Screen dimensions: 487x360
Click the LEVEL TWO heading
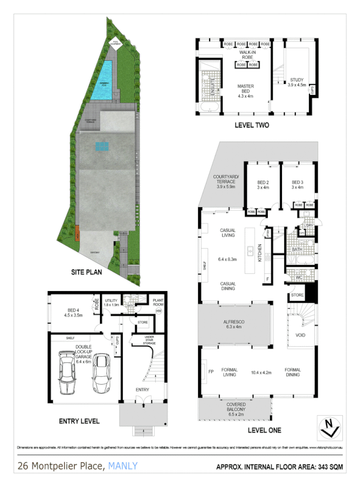[252, 125]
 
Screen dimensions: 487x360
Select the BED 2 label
[263, 184]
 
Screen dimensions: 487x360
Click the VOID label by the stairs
[300, 335]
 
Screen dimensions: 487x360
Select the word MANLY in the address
[123, 466]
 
